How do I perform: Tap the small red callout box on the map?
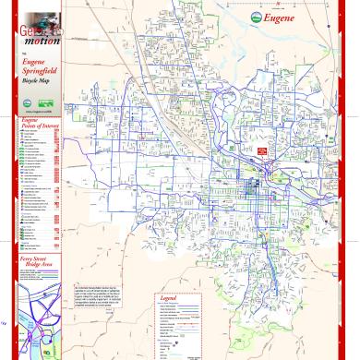tap(262, 151)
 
